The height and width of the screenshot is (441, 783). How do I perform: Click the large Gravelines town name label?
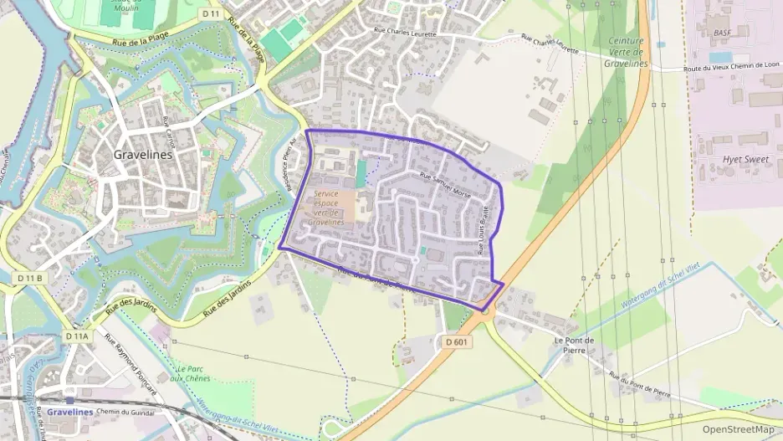pyautogui.click(x=143, y=155)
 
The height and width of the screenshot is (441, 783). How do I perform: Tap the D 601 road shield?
pyautogui.click(x=457, y=341)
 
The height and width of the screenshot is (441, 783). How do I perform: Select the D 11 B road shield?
pyautogui.click(x=28, y=277)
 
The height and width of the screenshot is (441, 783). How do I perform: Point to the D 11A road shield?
pyautogui.click(x=76, y=336)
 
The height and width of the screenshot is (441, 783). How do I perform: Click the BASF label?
pyautogui.click(x=722, y=33)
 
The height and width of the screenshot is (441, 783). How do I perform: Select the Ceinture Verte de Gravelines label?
pyautogui.click(x=626, y=52)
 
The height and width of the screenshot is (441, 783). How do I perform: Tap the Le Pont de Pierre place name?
pyautogui.click(x=574, y=345)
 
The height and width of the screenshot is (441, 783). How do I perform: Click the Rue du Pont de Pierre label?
pyautogui.click(x=640, y=384)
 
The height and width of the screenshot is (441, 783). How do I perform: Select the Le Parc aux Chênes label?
pyautogui.click(x=189, y=373)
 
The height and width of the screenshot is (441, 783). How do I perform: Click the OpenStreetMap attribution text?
pyautogui.click(x=737, y=429)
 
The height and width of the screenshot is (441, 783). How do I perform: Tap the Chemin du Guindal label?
pyautogui.click(x=125, y=412)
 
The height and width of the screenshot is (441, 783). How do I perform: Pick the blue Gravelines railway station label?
pyautogui.click(x=69, y=412)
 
